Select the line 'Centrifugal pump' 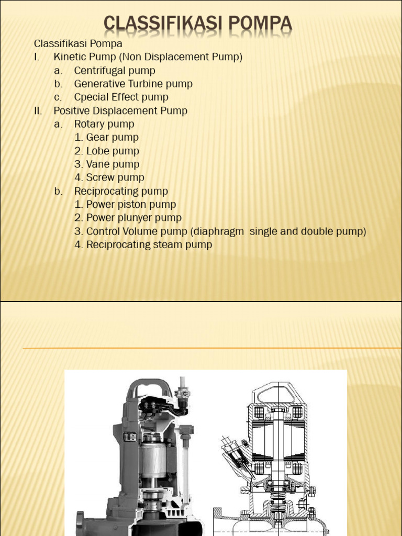115,70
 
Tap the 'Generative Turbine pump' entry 133,84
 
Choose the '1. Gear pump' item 106,138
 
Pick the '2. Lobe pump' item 107,151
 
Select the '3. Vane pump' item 107,164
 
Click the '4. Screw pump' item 109,178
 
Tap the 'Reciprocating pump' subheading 121,191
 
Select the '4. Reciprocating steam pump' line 143,244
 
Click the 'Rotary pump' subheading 104,124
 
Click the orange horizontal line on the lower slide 209,348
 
